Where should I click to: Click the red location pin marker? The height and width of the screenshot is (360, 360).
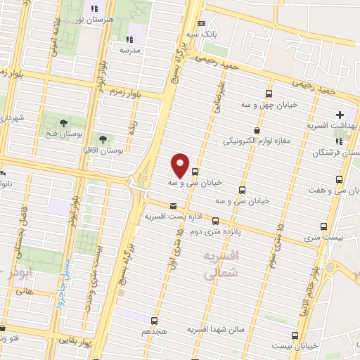(x=181, y=165)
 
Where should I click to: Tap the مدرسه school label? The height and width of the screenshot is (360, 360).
(x=130, y=50)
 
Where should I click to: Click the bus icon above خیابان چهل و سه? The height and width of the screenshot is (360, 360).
(x=269, y=94)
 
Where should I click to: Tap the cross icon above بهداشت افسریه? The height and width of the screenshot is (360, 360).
(x=340, y=114)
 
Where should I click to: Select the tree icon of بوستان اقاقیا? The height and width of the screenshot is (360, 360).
(x=103, y=139)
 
